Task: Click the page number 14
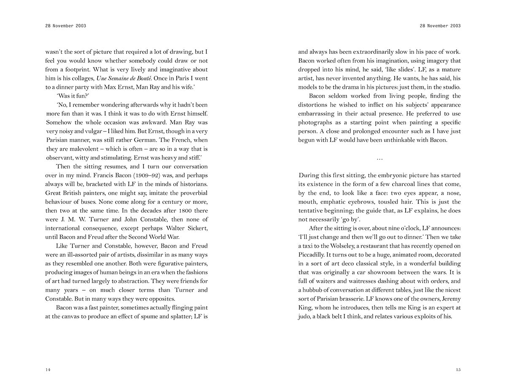[48, 370]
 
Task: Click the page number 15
[458, 370]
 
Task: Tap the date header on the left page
[65, 26]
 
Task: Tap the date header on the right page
[440, 26]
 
